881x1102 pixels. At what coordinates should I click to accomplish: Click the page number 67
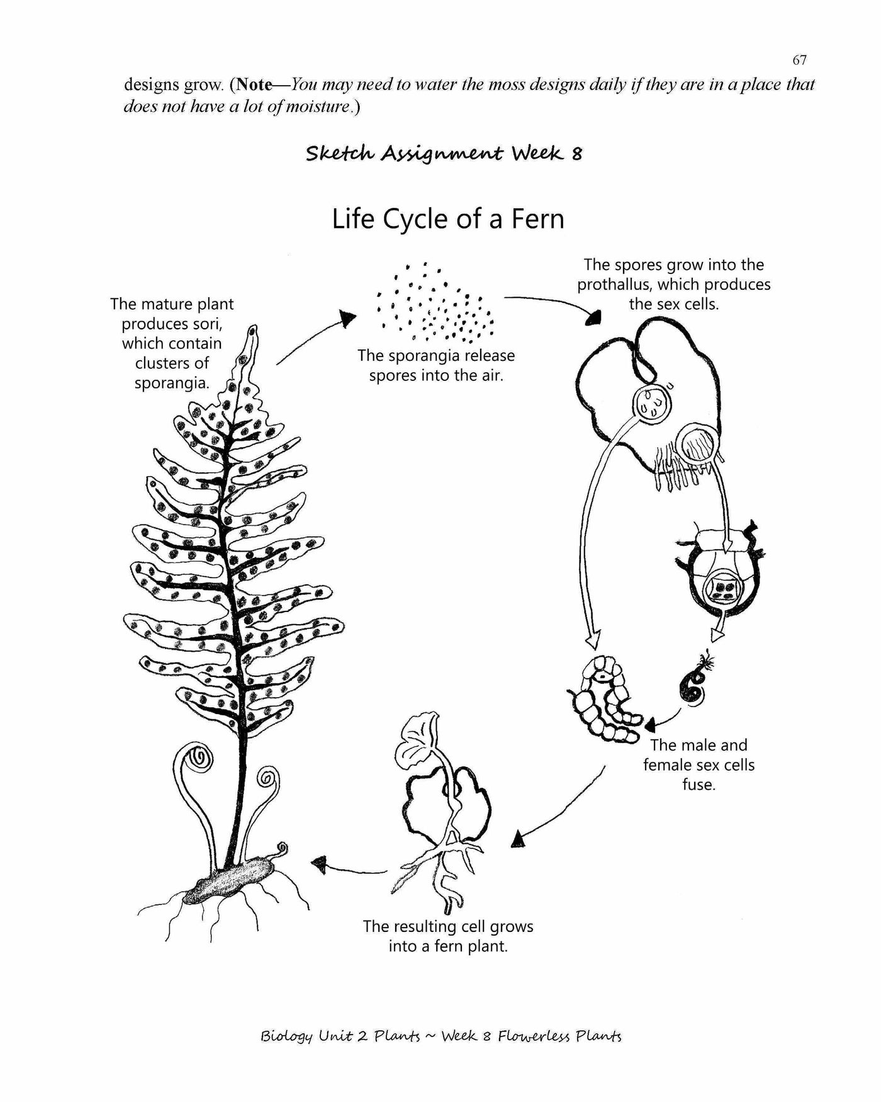(799, 60)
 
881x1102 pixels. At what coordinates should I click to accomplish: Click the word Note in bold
(255, 84)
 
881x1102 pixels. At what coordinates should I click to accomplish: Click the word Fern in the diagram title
(537, 219)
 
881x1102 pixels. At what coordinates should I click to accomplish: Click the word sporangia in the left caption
(171, 383)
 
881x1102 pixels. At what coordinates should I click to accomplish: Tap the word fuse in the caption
(699, 785)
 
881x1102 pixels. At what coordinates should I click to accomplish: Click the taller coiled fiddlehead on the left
(204, 756)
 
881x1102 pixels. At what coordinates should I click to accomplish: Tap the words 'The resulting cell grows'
(447, 927)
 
